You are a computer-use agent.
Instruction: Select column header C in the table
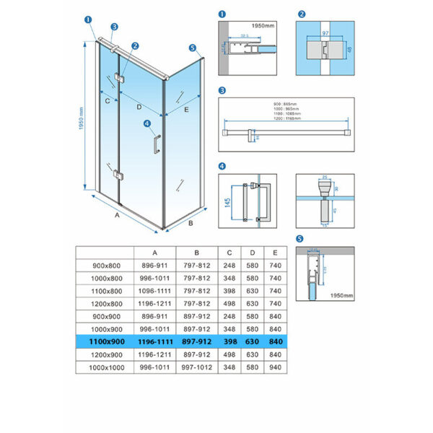click(x=229, y=252)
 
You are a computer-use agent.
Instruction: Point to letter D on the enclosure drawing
click(x=139, y=108)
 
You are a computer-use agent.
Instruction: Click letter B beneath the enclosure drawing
click(x=191, y=223)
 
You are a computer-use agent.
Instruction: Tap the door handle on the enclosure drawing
click(x=154, y=143)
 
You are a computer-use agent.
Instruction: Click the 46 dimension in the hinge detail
click(x=349, y=51)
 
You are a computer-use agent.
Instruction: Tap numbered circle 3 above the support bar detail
click(x=222, y=91)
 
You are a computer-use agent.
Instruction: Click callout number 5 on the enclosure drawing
click(x=193, y=48)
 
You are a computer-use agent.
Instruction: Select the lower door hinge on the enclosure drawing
click(x=118, y=174)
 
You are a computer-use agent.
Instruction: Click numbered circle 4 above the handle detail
click(x=222, y=167)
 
